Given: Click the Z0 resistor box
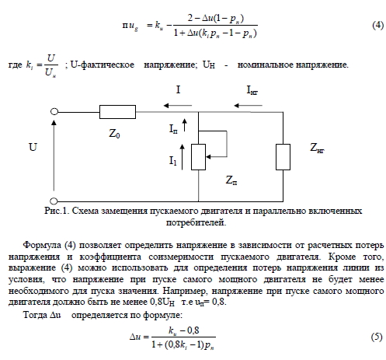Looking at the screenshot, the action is pos(117,112).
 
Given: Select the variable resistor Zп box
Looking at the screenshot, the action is pos(198,157).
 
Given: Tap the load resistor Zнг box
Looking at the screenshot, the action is pos(283,157).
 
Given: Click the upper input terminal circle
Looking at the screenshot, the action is pos(54,112).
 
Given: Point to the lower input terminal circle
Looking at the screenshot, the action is pos(54,201).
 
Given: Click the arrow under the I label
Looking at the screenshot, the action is pos(178,106).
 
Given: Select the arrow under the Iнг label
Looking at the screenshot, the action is pos(248,106).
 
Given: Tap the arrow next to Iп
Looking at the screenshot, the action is pos(184,125).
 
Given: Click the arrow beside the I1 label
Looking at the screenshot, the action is pos(183,157).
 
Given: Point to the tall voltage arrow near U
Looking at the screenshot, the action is pos(54,156).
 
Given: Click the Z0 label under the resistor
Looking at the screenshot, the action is pos(114,134).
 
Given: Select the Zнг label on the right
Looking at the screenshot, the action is pos(317,148).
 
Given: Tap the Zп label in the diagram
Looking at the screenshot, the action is pos(231,180).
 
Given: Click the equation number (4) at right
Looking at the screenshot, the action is pos(377,26).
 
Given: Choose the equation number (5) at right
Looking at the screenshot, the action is pos(377,337).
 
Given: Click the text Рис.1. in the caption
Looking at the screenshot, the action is pos(57,211).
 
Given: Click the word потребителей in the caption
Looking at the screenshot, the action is pos(196,222).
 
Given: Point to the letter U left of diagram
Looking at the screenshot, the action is pos(33,147).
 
